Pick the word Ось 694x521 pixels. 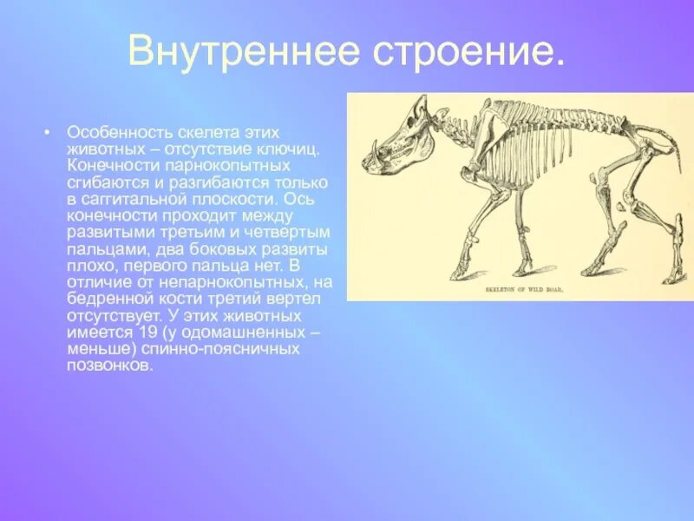point(307,199)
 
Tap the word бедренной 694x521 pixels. point(108,299)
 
